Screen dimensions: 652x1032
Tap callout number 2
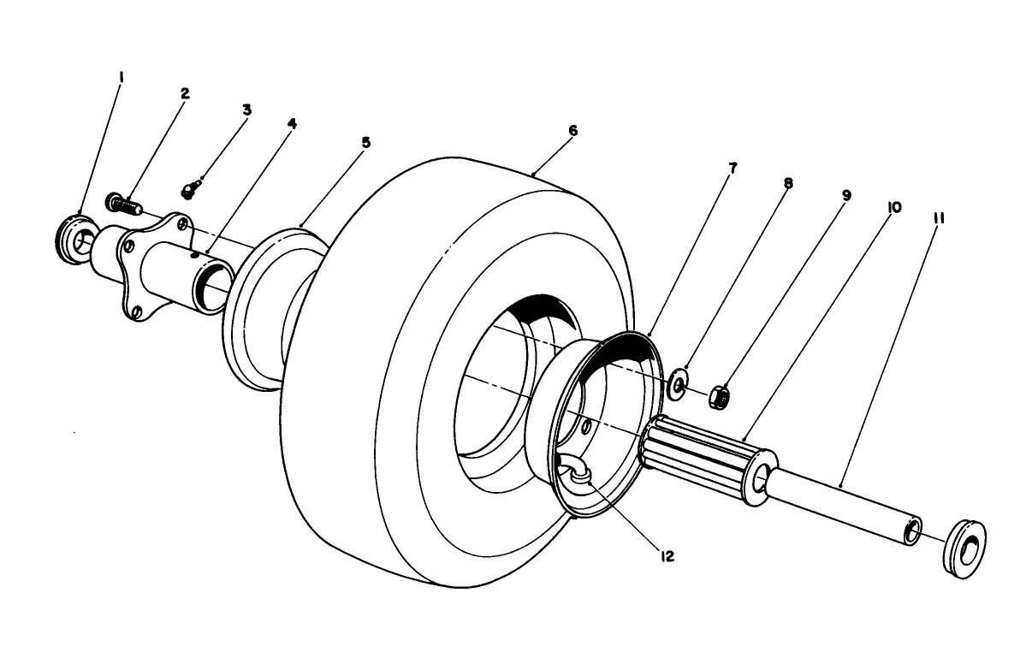point(184,92)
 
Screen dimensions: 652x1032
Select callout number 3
point(246,110)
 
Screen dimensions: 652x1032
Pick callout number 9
point(845,195)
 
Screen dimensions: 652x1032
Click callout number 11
point(939,218)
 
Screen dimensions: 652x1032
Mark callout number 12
point(667,556)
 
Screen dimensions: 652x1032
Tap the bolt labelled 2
point(121,204)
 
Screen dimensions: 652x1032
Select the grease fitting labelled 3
point(193,187)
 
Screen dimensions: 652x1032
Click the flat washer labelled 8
point(678,383)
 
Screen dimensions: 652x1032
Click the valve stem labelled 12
point(578,473)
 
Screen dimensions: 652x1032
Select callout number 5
point(365,142)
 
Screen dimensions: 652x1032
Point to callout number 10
point(893,207)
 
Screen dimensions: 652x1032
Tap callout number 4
point(292,122)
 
